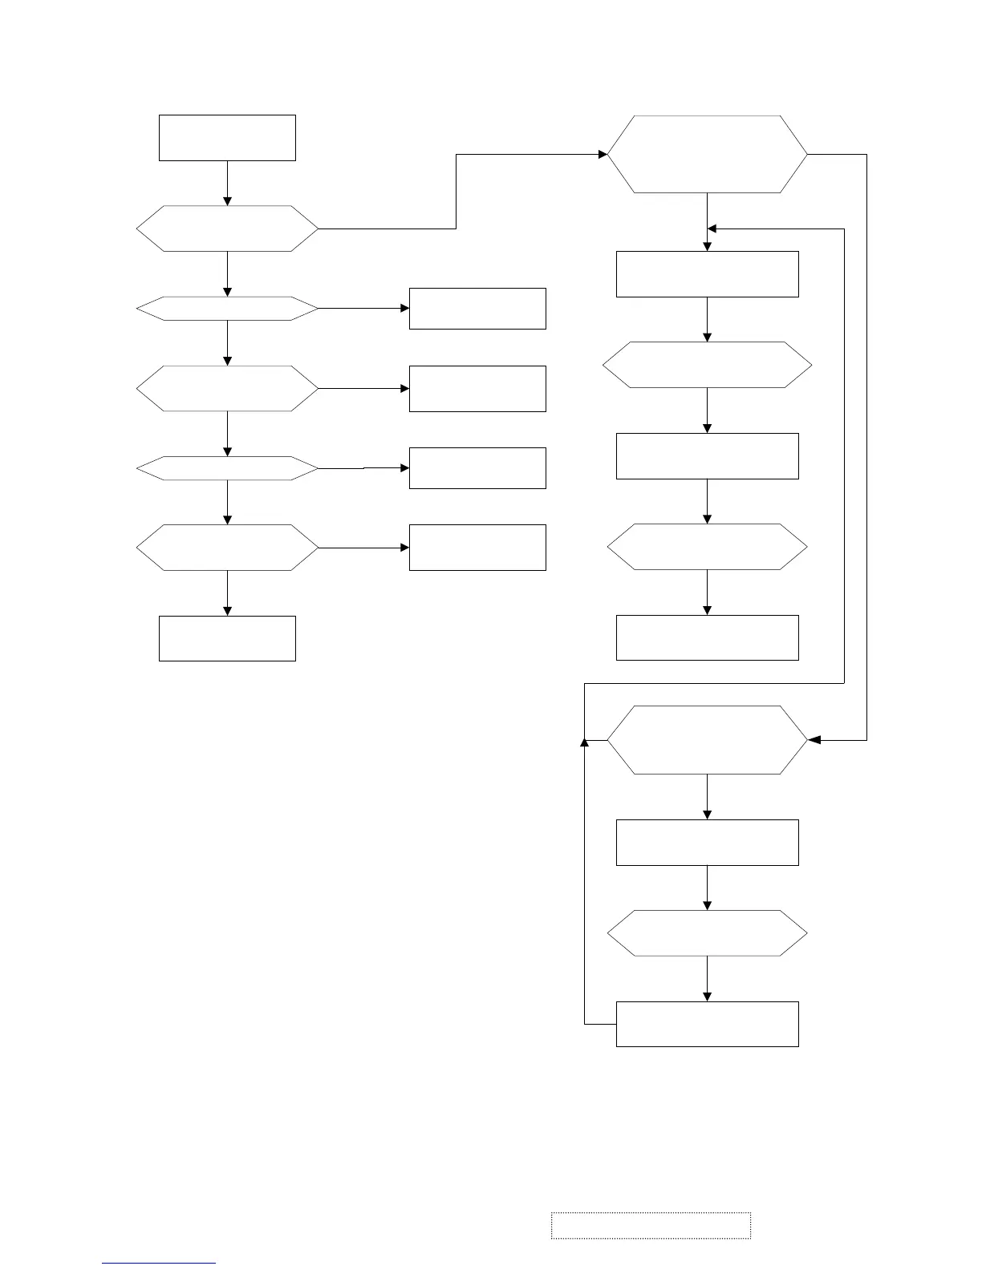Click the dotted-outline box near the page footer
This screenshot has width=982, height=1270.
click(x=651, y=1225)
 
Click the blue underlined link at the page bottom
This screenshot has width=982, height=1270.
click(x=159, y=1264)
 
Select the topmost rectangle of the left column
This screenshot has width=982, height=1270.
click(x=227, y=138)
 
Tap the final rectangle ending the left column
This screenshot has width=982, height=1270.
click(x=227, y=638)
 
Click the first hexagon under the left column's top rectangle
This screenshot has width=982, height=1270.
click(x=227, y=229)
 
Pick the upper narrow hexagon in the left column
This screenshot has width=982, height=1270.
click(x=227, y=308)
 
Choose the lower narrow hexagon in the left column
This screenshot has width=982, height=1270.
click(x=227, y=468)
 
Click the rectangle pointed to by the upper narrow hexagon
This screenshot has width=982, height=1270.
click(x=477, y=309)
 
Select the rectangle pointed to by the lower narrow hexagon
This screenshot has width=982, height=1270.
click(x=477, y=468)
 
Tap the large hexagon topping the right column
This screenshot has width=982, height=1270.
click(x=707, y=154)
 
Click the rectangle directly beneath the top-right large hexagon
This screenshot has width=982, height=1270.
click(x=707, y=274)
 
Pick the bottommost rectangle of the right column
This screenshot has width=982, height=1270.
click(x=707, y=1024)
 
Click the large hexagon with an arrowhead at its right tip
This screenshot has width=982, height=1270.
click(x=707, y=740)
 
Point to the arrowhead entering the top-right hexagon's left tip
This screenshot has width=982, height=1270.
click(x=603, y=154)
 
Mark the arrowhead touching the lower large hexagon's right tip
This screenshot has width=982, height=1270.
click(x=814, y=740)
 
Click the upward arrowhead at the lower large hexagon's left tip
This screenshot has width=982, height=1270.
click(x=584, y=742)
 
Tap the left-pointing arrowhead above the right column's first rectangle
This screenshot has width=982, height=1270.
click(x=712, y=229)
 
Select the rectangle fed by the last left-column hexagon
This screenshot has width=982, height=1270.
click(x=477, y=548)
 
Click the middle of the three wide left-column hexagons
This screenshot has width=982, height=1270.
click(x=227, y=389)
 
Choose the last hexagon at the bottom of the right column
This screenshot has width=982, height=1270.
click(x=707, y=933)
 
